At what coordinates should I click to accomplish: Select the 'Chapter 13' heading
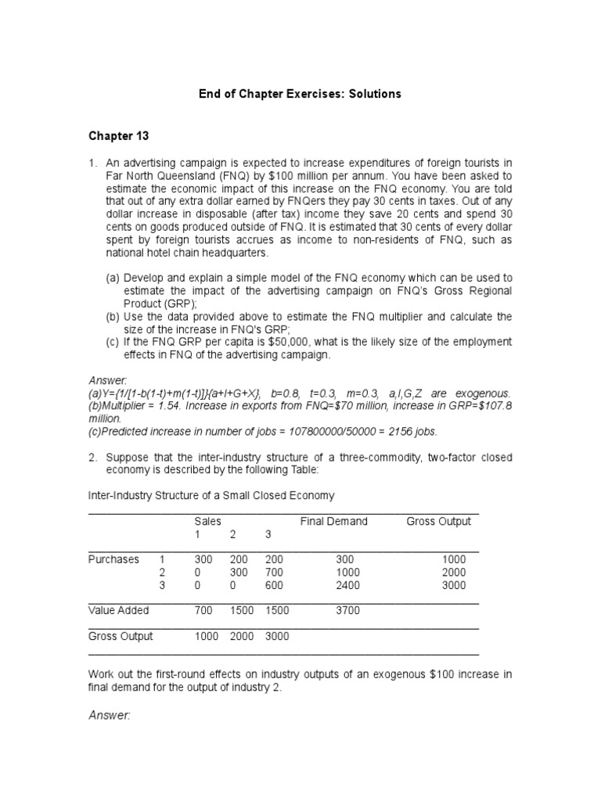pyautogui.click(x=118, y=135)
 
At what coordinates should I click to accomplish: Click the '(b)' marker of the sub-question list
pyautogui.click(x=113, y=317)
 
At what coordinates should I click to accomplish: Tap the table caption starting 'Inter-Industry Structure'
pyautogui.click(x=211, y=495)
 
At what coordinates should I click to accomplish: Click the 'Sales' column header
pyautogui.click(x=207, y=522)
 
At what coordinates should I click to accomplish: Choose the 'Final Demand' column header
pyautogui.click(x=333, y=522)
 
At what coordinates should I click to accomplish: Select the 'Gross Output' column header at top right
pyautogui.click(x=438, y=522)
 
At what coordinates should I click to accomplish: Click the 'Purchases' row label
pyautogui.click(x=113, y=559)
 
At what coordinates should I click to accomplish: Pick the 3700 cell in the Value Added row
pyautogui.click(x=347, y=610)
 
